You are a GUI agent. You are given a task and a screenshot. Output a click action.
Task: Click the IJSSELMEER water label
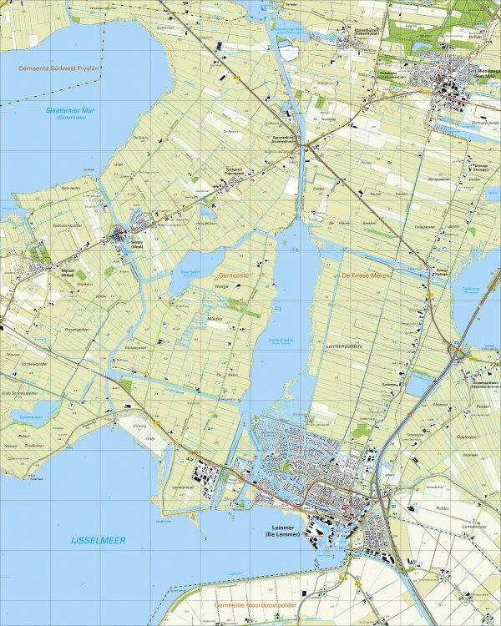tap(98, 541)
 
